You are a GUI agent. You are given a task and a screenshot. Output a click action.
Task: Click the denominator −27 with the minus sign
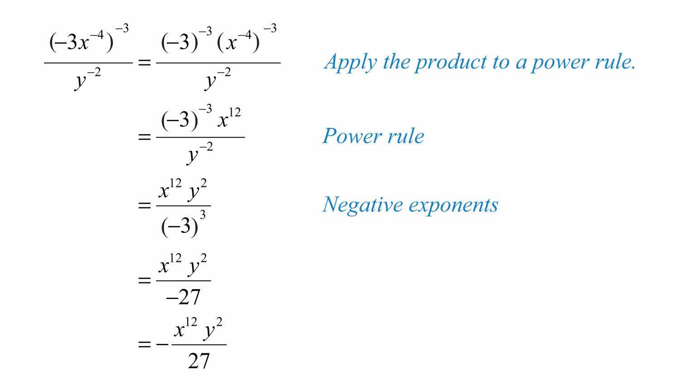[x=183, y=297]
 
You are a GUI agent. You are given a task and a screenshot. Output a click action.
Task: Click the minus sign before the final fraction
[x=162, y=344]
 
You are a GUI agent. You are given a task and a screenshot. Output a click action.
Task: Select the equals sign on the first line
[x=144, y=63]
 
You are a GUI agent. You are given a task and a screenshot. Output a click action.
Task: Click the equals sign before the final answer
[x=144, y=344]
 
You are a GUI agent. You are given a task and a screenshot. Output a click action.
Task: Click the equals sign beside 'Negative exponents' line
[x=144, y=206]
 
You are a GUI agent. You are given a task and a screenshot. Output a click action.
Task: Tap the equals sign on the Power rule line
[x=144, y=136]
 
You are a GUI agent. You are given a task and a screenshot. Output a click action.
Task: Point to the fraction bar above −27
[x=183, y=281]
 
